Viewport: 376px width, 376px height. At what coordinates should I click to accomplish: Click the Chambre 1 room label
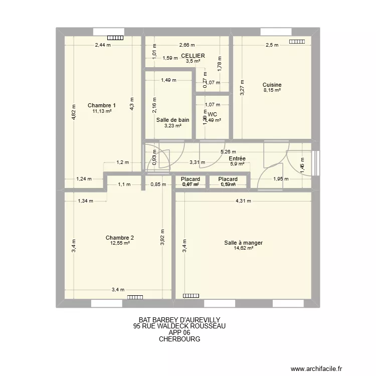102,105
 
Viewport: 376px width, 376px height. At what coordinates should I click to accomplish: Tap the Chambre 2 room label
120,238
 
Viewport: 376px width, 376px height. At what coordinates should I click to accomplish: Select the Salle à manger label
244,243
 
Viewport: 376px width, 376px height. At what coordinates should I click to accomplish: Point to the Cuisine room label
272,85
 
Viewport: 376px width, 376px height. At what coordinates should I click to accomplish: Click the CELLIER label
193,56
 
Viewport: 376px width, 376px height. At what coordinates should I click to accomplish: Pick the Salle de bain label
172,120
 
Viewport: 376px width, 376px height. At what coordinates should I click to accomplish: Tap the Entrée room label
237,158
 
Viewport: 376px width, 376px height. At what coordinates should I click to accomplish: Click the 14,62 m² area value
244,249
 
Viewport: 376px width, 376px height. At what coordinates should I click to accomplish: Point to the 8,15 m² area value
272,91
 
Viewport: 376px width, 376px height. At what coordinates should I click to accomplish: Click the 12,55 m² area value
120,243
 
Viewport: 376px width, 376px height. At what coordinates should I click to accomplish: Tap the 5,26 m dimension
229,152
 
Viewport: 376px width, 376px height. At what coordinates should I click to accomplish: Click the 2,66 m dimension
187,45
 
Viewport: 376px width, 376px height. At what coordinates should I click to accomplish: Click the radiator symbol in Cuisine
296,42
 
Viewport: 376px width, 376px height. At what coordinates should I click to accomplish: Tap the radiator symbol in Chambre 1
115,37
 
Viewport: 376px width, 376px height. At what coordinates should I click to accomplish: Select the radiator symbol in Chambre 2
135,297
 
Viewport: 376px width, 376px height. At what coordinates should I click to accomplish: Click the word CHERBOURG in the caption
179,339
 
